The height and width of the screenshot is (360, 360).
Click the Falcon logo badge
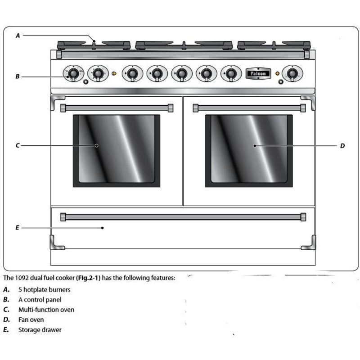click(258, 73)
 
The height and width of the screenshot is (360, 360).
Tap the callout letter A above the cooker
click(18, 36)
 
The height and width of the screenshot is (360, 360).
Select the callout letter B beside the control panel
click(18, 76)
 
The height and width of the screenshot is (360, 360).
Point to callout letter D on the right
click(342, 146)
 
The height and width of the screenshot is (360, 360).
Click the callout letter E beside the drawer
click(18, 228)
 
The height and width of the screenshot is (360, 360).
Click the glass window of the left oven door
click(117, 150)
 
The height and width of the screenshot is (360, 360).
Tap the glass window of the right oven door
click(249, 150)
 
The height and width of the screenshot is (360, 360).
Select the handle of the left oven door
click(117, 108)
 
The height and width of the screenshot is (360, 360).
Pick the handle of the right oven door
click(249, 108)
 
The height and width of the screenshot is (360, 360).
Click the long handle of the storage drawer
click(183, 217)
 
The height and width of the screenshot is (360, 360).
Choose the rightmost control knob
click(292, 73)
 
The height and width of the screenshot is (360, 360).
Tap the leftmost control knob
click(72, 73)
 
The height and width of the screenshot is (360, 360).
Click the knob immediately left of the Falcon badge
click(231, 73)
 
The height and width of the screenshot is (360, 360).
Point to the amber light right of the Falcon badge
click(277, 73)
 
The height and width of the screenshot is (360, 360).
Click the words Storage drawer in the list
click(40, 330)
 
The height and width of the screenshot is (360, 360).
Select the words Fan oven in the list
click(31, 320)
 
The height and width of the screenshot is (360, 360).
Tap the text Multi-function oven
click(46, 310)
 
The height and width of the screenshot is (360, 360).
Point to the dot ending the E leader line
click(103, 228)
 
